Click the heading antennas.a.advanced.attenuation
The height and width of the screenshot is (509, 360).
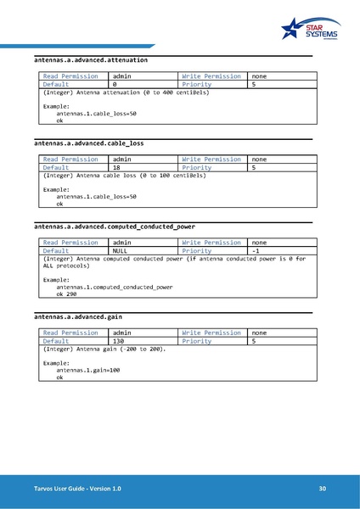tap(91, 61)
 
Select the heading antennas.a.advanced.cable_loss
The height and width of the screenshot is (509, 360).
tap(88, 143)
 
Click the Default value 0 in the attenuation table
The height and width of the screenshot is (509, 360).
tap(115, 85)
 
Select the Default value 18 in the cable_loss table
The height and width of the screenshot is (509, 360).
tap(117, 168)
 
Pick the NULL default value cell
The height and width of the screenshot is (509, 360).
tap(121, 251)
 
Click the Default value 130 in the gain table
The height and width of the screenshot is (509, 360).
tap(119, 342)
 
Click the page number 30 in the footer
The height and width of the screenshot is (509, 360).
tap(323, 489)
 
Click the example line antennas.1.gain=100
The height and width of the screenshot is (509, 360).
tap(88, 370)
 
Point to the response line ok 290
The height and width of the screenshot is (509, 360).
tap(66, 294)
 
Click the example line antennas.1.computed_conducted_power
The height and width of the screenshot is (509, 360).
tap(114, 287)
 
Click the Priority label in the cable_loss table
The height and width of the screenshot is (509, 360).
tap(196, 168)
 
